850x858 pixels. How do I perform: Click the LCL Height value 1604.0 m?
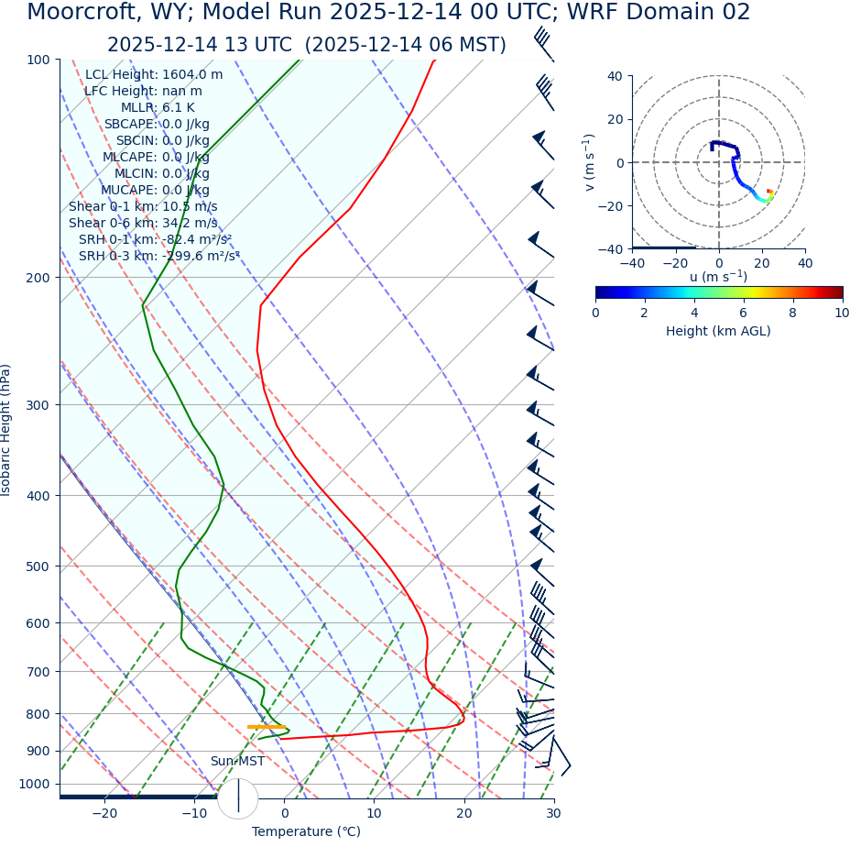coord(192,75)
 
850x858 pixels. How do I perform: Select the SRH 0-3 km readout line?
coord(158,256)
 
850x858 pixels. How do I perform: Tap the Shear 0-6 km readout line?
coord(143,223)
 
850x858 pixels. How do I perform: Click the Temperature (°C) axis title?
coord(306,832)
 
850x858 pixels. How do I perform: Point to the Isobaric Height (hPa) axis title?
coord(7,430)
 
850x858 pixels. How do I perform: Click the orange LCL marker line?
coord(266,727)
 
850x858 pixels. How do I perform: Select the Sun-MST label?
coord(237,762)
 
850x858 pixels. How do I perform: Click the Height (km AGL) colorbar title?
coord(718,331)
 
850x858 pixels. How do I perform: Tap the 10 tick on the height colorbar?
coord(842,313)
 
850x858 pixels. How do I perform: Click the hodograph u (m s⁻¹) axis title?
coord(718,277)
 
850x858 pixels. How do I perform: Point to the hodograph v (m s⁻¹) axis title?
coord(590,162)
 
